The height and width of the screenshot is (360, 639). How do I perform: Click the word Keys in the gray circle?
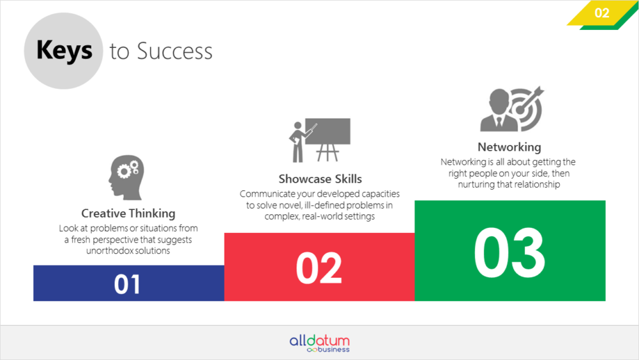[x=64, y=50]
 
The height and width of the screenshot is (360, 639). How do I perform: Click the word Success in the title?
[x=174, y=51]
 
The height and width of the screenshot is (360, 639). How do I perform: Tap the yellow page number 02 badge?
[x=601, y=13]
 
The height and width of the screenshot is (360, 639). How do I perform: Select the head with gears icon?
[x=126, y=177]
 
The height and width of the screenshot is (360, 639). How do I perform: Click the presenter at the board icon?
[x=319, y=140]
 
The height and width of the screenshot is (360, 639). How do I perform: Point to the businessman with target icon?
[x=512, y=109]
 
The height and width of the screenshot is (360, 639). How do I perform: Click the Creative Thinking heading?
[x=128, y=213]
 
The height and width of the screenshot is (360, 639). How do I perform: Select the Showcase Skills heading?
[x=320, y=179]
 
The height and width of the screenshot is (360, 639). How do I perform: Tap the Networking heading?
[x=509, y=147]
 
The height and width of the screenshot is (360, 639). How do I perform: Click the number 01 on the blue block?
[x=127, y=284]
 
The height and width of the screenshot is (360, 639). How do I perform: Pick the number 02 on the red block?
[x=319, y=268]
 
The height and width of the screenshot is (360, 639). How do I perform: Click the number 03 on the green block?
[x=509, y=253]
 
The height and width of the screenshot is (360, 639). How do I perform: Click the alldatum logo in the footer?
[x=319, y=343]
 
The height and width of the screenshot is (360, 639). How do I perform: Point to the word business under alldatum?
[x=333, y=349]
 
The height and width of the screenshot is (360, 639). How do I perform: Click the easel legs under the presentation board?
[x=327, y=153]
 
